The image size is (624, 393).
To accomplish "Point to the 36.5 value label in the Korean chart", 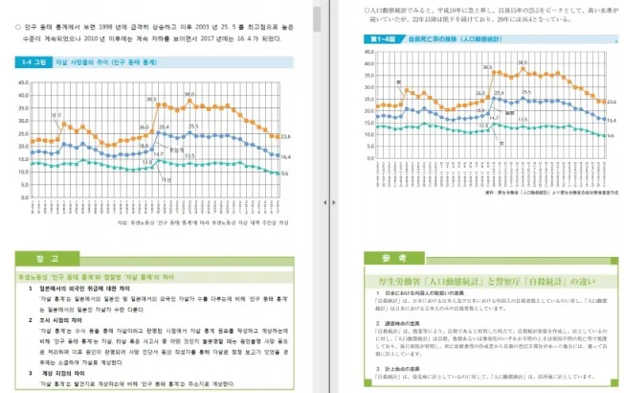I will click(x=151, y=98).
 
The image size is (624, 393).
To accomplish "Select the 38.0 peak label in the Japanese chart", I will click(x=521, y=63).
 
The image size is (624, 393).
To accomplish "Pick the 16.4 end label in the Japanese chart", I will click(x=610, y=121).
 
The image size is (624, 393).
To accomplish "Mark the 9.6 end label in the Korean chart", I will click(x=285, y=173).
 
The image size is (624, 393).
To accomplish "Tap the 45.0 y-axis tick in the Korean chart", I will click(x=25, y=81).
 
